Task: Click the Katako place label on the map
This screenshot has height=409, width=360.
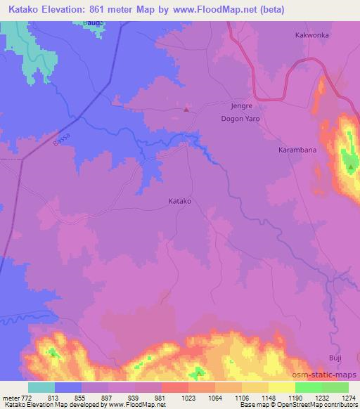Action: pyautogui.click(x=181, y=201)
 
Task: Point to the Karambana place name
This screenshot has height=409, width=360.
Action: pyautogui.click(x=294, y=150)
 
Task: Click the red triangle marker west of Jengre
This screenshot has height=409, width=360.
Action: pyautogui.click(x=186, y=109)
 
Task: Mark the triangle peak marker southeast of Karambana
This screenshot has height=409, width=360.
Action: pyautogui.click(x=349, y=167)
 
